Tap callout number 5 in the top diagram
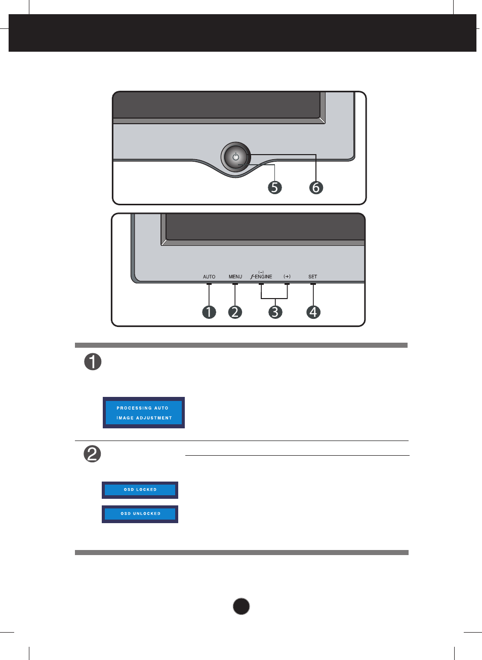pyautogui.click(x=274, y=188)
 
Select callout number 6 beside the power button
pyautogui.click(x=316, y=188)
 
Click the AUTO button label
pyautogui.click(x=209, y=277)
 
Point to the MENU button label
pyautogui.click(x=235, y=277)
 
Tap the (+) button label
pyautogui.click(x=287, y=277)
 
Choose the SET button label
pyautogui.click(x=313, y=277)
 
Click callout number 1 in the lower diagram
pyautogui.click(x=209, y=312)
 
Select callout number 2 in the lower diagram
pyautogui.click(x=235, y=312)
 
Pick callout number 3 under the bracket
pyautogui.click(x=274, y=312)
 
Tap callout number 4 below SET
pyautogui.click(x=313, y=312)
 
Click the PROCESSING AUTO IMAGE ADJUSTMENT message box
pyautogui.click(x=144, y=413)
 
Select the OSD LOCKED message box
pyautogui.click(x=140, y=490)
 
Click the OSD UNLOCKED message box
pyautogui.click(x=140, y=514)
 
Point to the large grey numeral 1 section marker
pyautogui.click(x=93, y=362)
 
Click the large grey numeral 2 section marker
pyautogui.click(x=92, y=454)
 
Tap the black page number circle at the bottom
pyautogui.click(x=242, y=606)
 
